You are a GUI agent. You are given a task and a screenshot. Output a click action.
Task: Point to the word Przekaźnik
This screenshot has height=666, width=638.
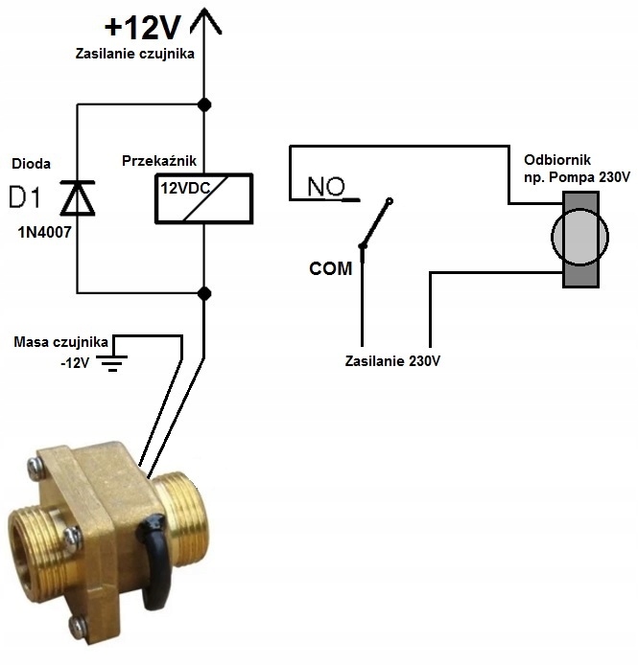click(x=158, y=162)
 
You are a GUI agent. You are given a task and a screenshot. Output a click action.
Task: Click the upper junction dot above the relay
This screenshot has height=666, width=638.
click(x=204, y=103)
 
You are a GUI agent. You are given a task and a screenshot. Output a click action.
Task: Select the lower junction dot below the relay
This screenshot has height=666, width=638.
click(x=204, y=291)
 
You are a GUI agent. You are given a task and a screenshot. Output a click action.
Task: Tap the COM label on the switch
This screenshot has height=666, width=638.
click(x=330, y=269)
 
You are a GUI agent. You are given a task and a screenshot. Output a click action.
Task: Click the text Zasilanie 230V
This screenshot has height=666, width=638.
click(x=392, y=361)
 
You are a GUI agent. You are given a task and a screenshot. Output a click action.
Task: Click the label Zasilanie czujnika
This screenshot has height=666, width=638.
click(x=134, y=54)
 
